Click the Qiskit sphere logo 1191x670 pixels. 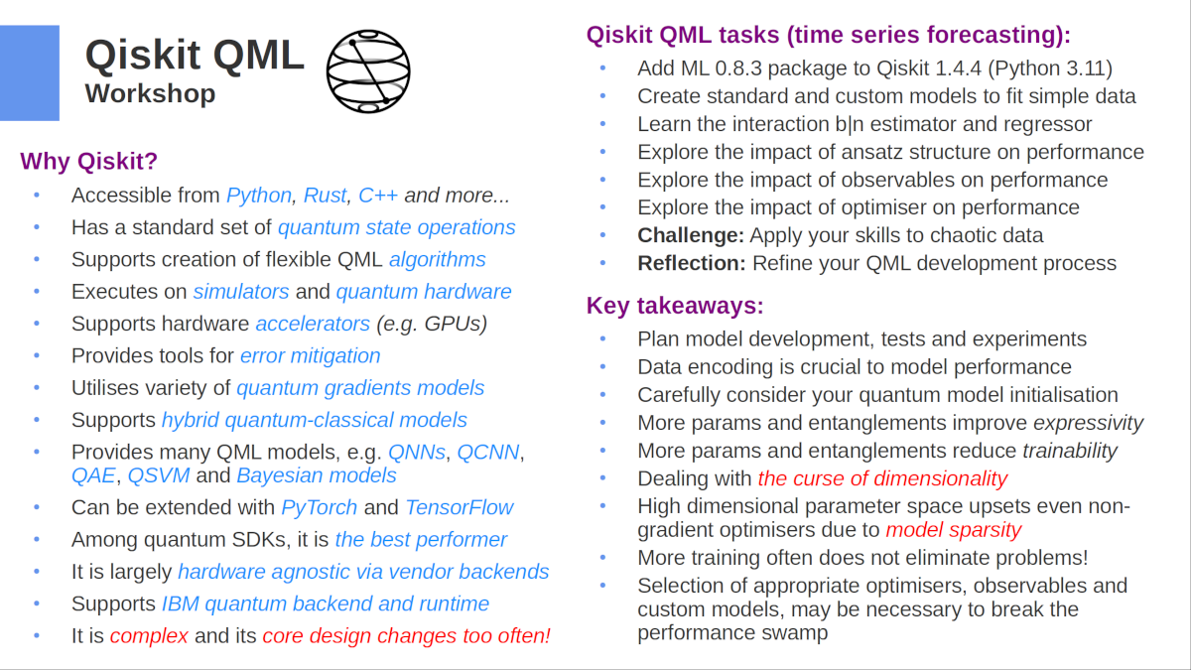[x=368, y=70]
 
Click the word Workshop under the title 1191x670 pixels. [x=150, y=94]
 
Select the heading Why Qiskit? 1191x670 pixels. [x=88, y=161]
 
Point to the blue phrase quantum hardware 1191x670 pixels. [x=424, y=292]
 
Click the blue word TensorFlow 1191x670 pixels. [x=460, y=507]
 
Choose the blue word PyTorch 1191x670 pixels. [x=320, y=507]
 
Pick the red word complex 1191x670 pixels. [x=149, y=636]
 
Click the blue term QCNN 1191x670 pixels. [x=489, y=453]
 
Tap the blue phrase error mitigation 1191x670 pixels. [x=310, y=355]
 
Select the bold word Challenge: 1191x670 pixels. [x=691, y=235]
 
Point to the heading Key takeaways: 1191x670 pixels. [x=675, y=305]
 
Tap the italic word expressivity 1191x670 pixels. [x=1089, y=423]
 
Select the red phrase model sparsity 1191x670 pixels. [x=953, y=529]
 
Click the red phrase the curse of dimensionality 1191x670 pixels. [x=882, y=478]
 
